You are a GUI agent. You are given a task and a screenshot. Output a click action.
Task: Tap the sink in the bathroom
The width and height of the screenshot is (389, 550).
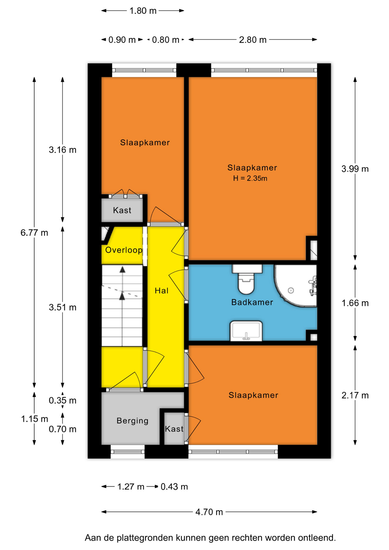click(x=246, y=331)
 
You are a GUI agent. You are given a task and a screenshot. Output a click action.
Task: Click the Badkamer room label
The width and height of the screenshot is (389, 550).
click(x=252, y=302)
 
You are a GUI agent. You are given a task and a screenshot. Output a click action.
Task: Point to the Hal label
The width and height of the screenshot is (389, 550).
click(x=162, y=291)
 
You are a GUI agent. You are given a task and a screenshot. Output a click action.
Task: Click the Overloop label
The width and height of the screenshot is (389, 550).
click(x=124, y=250)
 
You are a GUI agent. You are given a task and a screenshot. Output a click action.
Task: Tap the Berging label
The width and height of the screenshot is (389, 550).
click(x=133, y=421)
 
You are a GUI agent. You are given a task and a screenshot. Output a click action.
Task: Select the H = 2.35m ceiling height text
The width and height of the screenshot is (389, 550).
click(x=250, y=178)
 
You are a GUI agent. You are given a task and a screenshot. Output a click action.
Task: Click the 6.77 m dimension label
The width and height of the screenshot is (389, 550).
click(x=34, y=233)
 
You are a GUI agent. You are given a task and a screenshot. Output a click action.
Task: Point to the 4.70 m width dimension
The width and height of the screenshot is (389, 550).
click(x=209, y=512)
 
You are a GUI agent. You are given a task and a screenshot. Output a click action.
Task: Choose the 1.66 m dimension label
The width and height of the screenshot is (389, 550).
click(x=355, y=303)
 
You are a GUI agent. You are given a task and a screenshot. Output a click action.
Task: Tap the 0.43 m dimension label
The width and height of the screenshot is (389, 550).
click(x=174, y=487)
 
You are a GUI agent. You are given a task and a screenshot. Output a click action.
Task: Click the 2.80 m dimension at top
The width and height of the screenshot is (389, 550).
click(x=253, y=40)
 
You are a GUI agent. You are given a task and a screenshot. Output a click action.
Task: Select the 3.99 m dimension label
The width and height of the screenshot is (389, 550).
click(x=355, y=169)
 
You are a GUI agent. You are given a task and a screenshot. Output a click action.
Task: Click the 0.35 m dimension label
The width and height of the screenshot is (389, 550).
click(x=62, y=400)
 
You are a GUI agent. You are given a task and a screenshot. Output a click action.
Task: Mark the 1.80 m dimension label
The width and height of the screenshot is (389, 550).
click(x=143, y=11)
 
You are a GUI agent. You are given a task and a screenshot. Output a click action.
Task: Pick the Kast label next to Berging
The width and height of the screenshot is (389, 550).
click(x=174, y=429)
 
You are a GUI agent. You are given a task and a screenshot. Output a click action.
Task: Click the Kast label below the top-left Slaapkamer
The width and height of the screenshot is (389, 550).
click(x=122, y=210)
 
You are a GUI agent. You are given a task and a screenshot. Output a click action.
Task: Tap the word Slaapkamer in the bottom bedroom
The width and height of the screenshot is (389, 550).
click(x=253, y=395)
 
